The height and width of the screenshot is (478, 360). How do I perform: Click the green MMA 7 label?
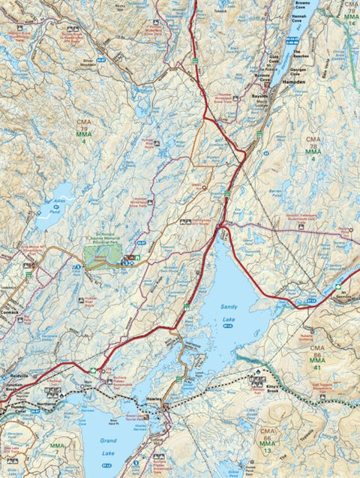pos(57,449)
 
